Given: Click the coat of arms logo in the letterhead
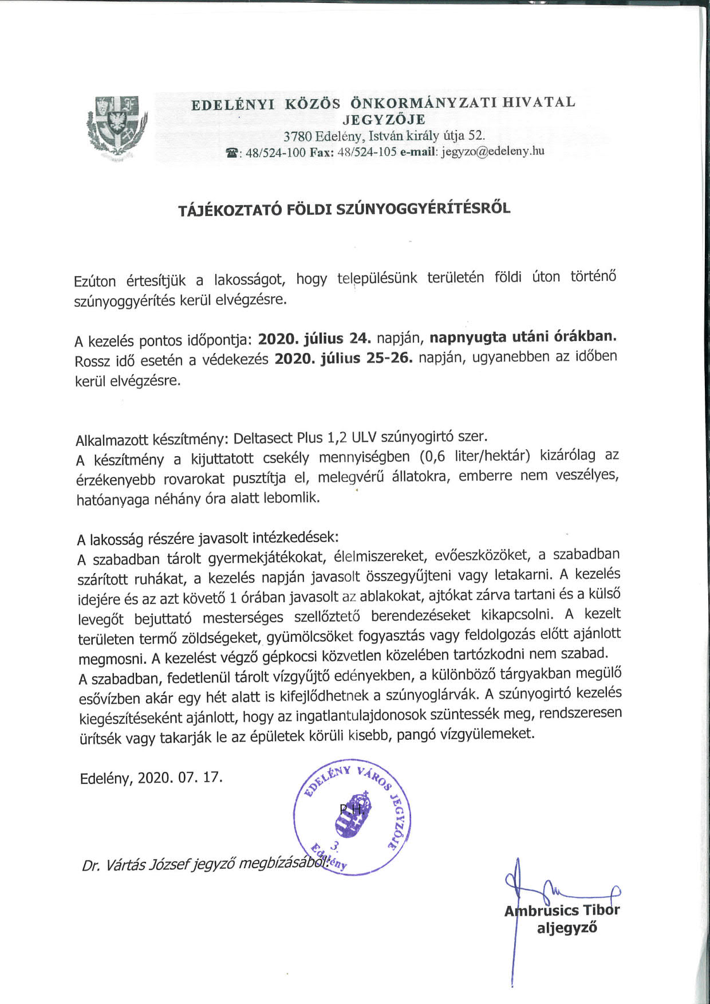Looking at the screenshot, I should tap(117, 127).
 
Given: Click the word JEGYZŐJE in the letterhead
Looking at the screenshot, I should tap(384, 120).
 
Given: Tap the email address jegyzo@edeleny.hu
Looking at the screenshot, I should tap(492, 152).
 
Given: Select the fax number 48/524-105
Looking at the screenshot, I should tap(367, 152).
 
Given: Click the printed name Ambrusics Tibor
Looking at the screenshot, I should tap(562, 911).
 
